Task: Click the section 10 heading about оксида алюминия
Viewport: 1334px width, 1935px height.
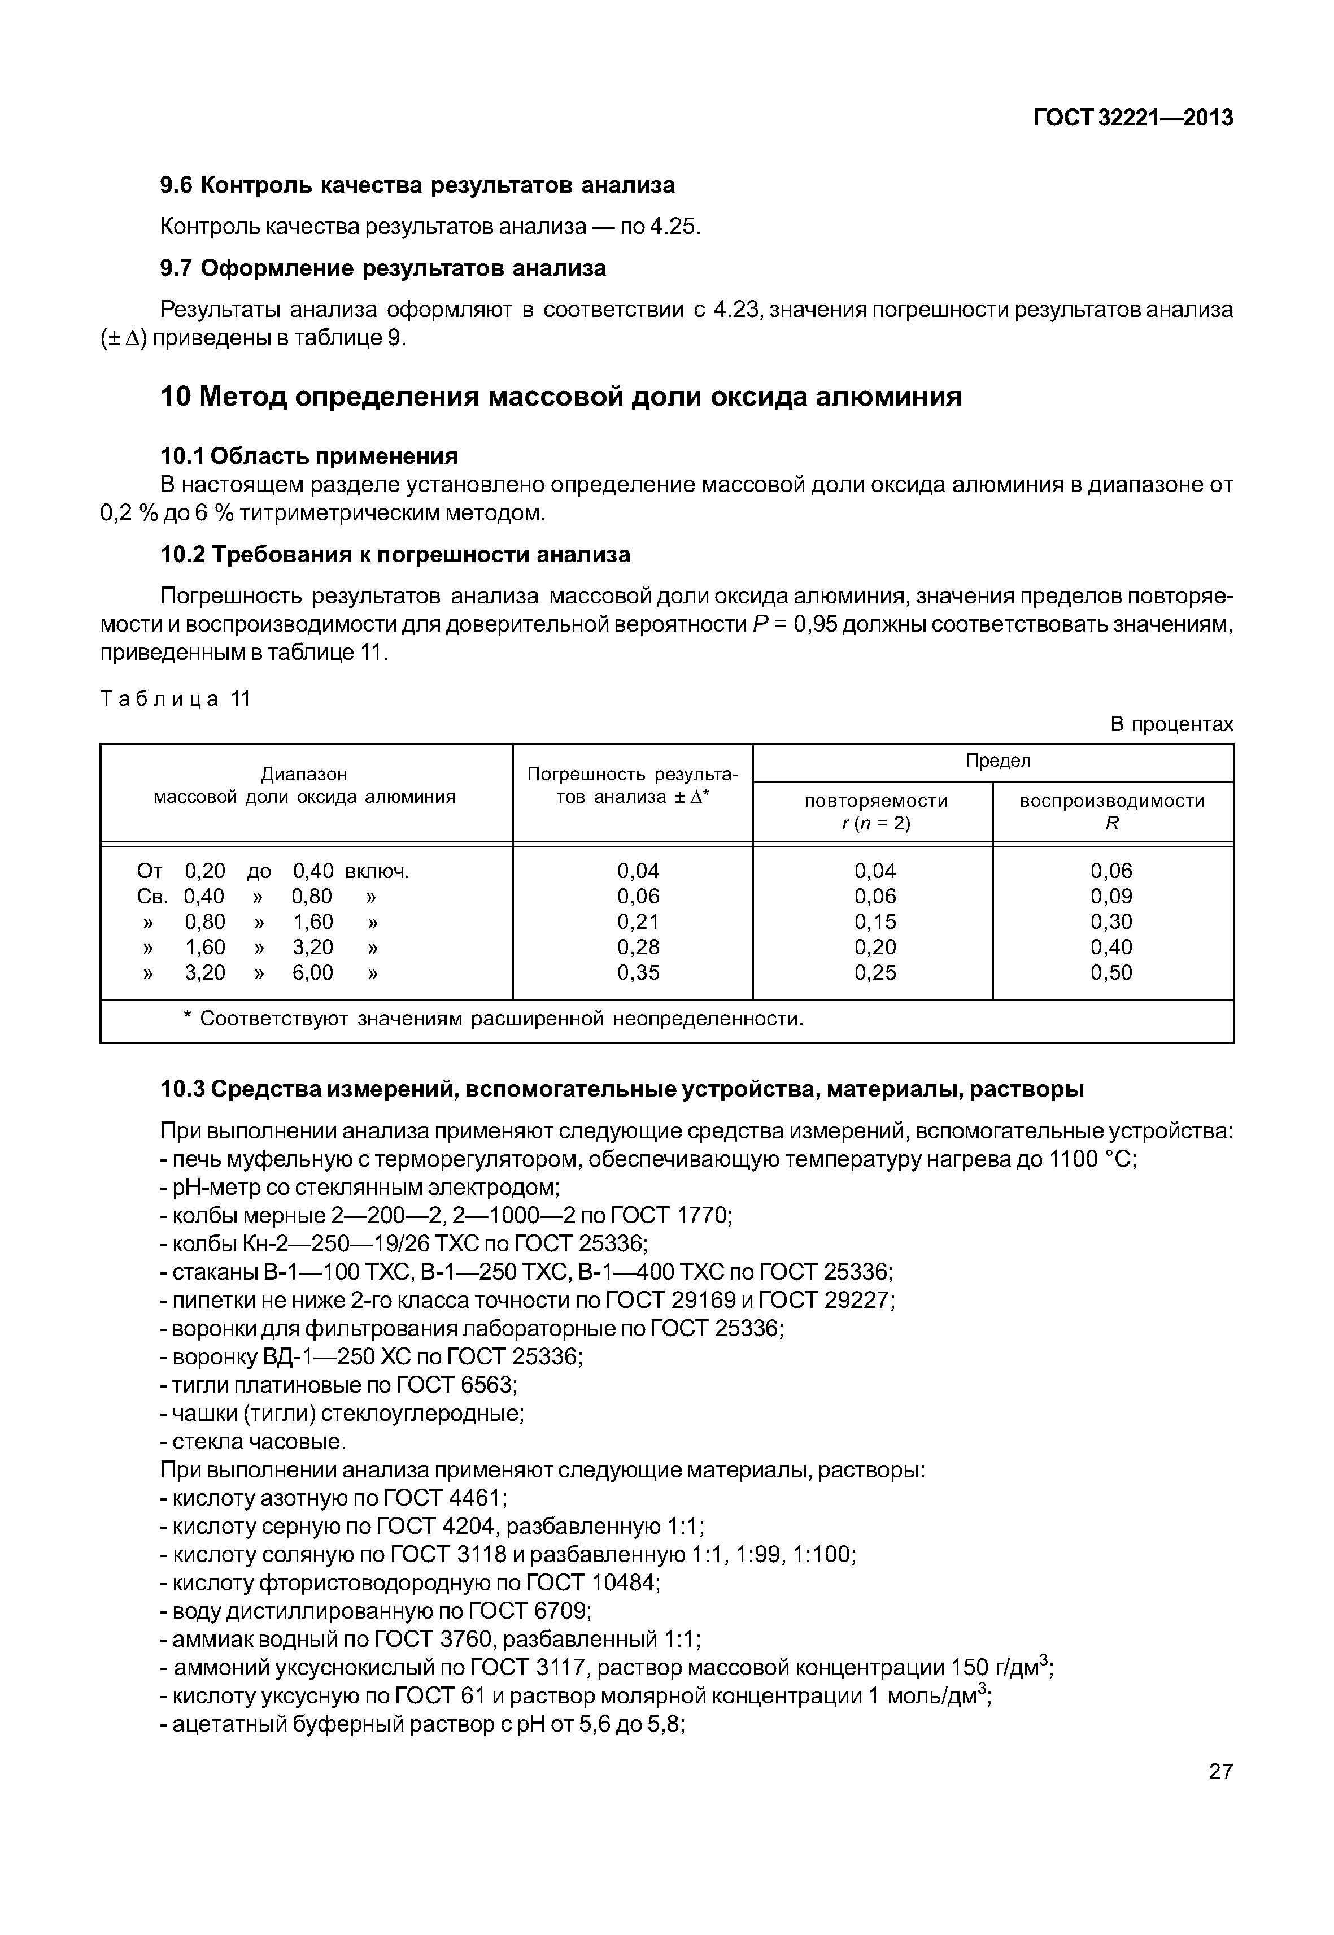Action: (560, 397)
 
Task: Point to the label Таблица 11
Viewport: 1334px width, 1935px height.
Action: (176, 699)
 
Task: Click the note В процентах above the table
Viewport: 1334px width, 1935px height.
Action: (1171, 724)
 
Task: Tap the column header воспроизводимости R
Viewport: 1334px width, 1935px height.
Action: (1111, 812)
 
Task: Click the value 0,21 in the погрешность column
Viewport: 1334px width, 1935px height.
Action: (638, 921)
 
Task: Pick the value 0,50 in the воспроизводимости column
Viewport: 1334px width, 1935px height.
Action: (1111, 972)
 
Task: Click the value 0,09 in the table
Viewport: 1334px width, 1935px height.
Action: (1111, 897)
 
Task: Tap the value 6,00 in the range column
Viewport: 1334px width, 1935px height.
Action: (313, 972)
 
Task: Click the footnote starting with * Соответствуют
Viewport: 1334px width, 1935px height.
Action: (493, 1019)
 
